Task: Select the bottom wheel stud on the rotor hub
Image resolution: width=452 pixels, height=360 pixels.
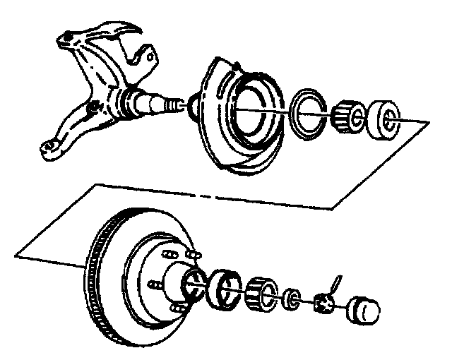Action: tap(180, 308)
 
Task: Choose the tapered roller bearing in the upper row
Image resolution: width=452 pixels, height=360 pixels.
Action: tap(347, 116)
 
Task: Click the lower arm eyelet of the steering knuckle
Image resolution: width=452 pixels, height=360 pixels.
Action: tap(49, 148)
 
